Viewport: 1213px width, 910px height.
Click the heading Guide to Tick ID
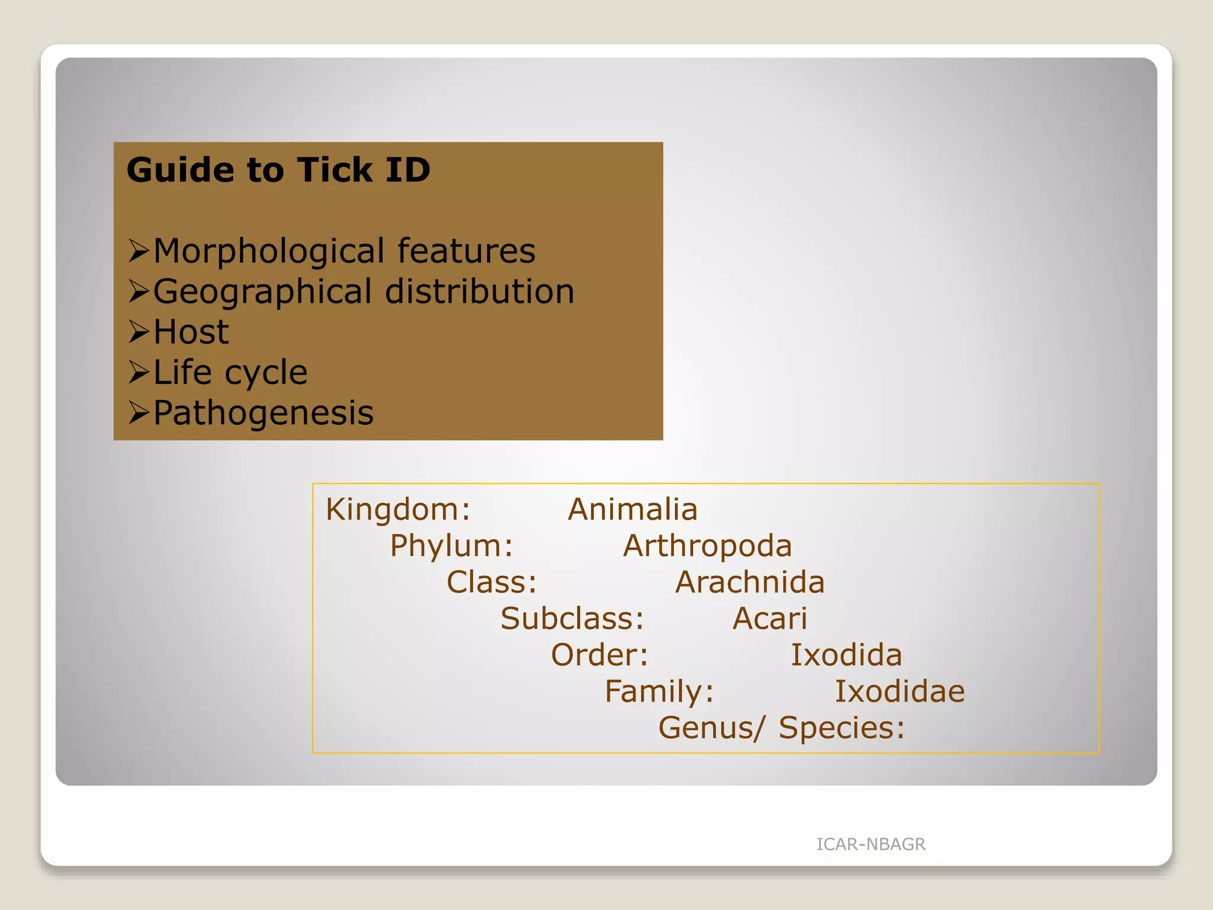(x=278, y=170)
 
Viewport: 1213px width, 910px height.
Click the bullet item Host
(x=191, y=332)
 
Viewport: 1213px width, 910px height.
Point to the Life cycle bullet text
(x=230, y=373)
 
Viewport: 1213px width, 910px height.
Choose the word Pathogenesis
(x=264, y=413)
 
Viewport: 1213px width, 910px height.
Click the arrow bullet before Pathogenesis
(x=139, y=412)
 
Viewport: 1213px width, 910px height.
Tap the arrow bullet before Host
(x=139, y=332)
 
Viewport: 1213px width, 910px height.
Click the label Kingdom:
(x=398, y=510)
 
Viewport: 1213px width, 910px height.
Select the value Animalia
(x=633, y=510)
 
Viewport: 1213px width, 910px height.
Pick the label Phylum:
(x=451, y=546)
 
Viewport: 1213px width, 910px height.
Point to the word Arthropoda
(x=707, y=546)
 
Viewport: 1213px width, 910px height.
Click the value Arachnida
(x=750, y=582)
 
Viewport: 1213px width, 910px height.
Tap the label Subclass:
(x=572, y=619)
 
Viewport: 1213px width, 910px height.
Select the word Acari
(x=770, y=619)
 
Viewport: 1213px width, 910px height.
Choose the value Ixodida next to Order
(x=846, y=655)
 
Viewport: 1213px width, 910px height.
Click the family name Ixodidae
(x=900, y=691)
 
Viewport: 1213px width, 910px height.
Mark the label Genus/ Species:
(x=782, y=728)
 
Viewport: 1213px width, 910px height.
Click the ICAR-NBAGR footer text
(x=871, y=844)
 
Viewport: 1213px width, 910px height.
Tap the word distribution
(x=480, y=291)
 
